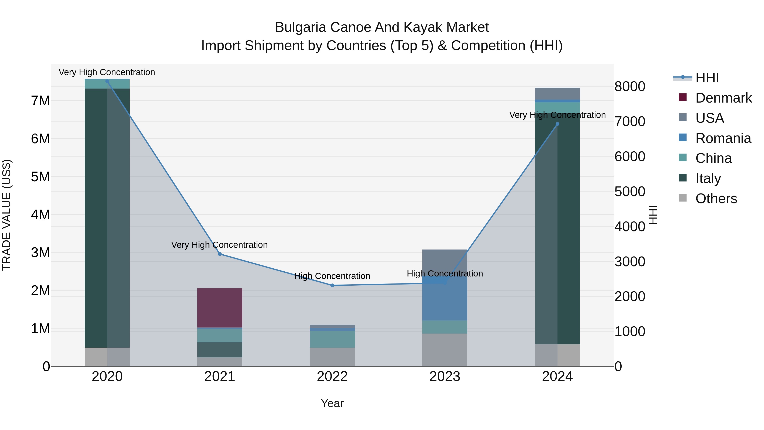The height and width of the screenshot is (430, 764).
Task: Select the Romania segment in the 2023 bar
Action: coord(445,300)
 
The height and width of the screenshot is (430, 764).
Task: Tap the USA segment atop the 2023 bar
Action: coord(445,261)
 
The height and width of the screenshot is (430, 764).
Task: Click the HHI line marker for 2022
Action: coord(332,285)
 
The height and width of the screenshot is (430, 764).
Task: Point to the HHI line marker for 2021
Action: coord(220,254)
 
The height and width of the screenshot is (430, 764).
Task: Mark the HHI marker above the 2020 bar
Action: coord(107,81)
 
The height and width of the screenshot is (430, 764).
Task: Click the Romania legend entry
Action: coord(723,138)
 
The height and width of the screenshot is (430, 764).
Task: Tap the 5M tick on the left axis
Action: coord(40,177)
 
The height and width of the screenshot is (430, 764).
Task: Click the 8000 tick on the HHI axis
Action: coord(629,87)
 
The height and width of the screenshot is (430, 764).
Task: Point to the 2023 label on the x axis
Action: coord(445,376)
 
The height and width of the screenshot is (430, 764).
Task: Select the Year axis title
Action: coord(332,403)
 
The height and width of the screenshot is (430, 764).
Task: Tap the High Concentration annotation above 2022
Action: coord(332,276)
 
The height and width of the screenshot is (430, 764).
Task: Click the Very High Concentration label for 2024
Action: coord(557,115)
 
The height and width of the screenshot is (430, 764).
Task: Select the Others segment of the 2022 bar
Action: coord(332,357)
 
